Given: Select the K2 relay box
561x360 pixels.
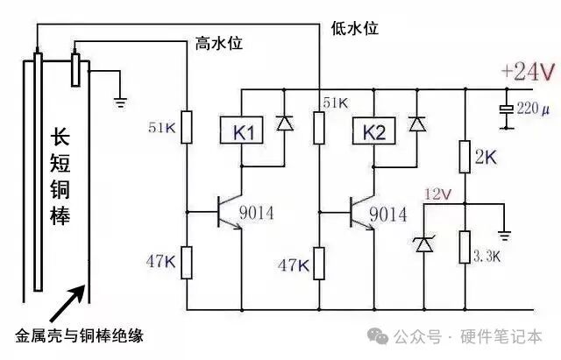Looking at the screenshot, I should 374,133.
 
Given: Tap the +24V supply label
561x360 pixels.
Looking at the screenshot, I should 528,72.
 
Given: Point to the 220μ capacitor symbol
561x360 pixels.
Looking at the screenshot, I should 506,110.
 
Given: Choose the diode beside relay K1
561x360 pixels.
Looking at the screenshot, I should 284,124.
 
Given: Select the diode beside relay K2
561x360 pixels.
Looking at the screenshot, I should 416,124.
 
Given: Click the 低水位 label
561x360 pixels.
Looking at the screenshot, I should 355,29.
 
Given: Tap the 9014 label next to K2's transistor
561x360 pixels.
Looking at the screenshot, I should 387,214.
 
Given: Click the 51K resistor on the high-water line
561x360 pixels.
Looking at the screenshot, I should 187,128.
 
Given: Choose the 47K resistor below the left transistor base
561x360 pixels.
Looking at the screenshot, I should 187,262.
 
